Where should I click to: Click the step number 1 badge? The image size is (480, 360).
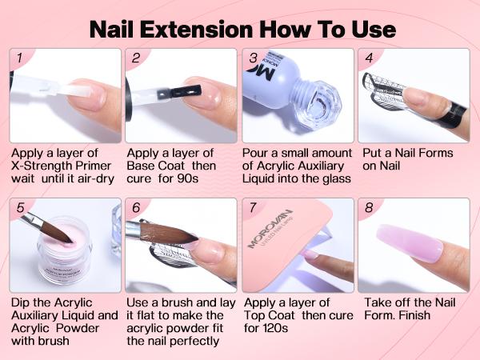click(18, 58)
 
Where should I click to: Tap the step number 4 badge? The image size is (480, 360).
click(369, 58)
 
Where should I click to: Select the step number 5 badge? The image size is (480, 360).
click(18, 208)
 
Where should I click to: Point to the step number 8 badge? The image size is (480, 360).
click(369, 208)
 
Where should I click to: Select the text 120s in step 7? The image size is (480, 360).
click(258, 329)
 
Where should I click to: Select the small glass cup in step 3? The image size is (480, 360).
click(324, 109)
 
